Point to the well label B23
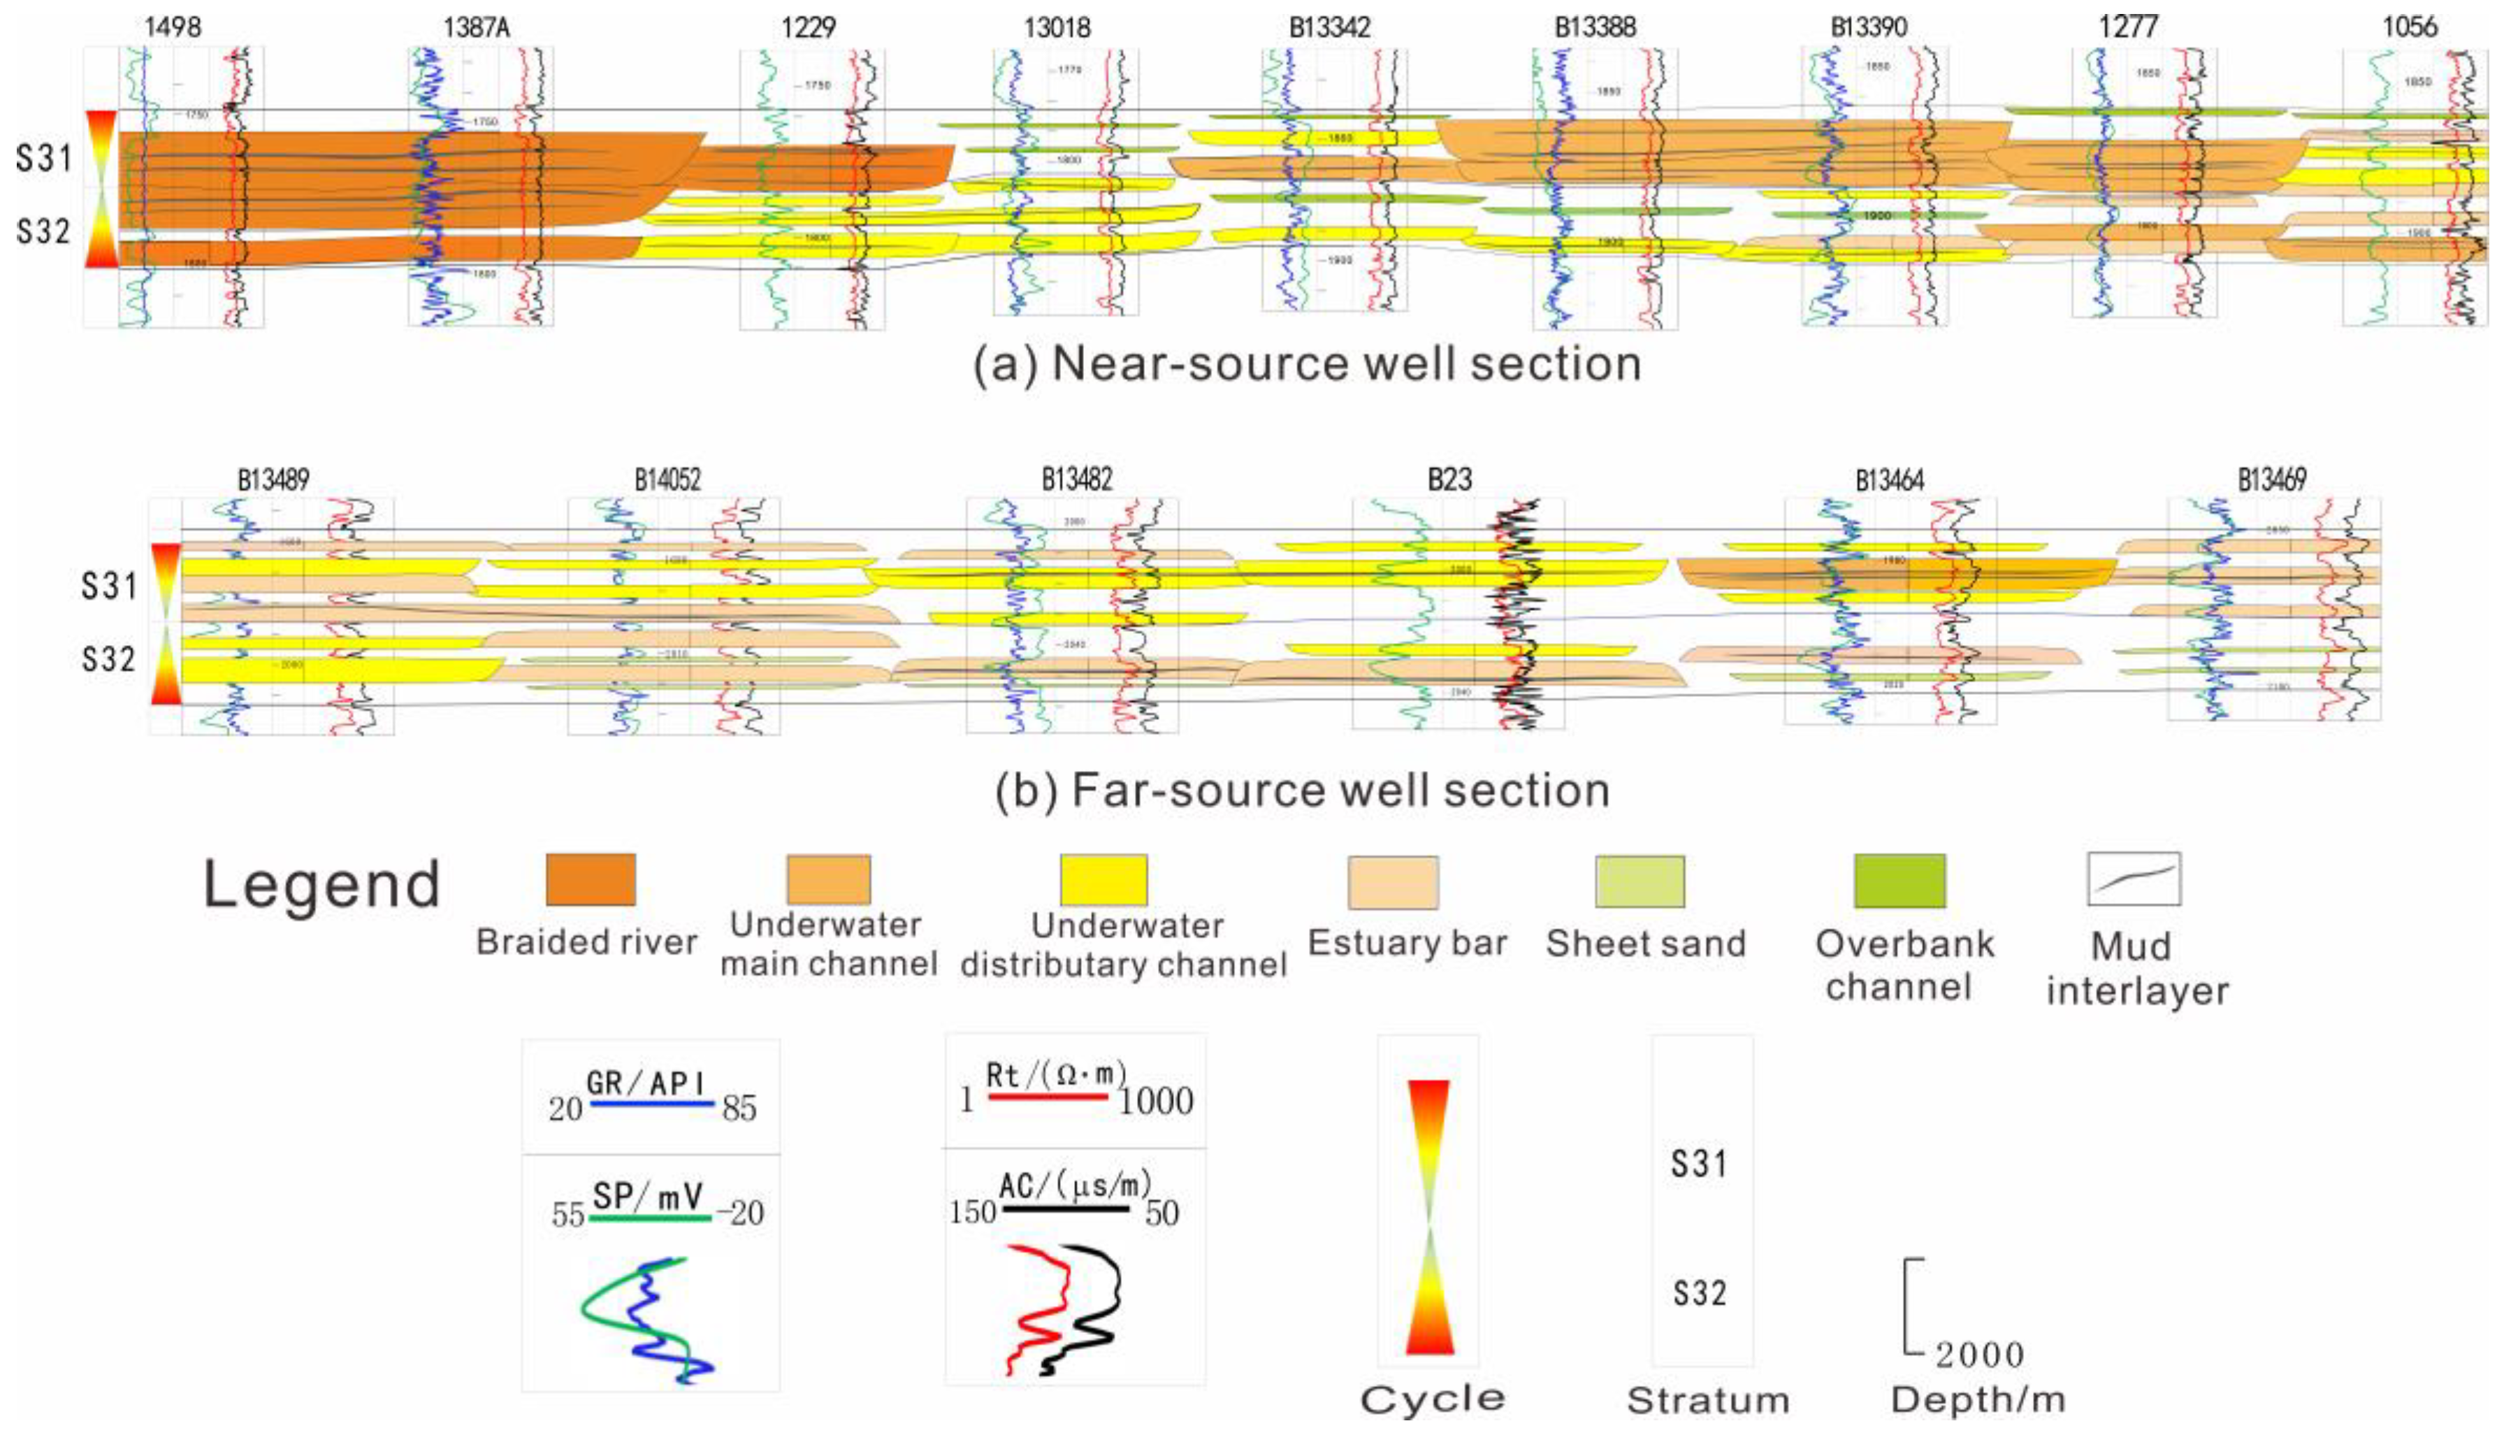pyautogui.click(x=1449, y=480)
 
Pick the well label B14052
pyautogui.click(x=667, y=480)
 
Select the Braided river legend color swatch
pyautogui.click(x=591, y=879)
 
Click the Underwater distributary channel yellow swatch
pyautogui.click(x=1104, y=879)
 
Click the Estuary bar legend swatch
pyautogui.click(x=1393, y=882)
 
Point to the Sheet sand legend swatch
pyautogui.click(x=1640, y=881)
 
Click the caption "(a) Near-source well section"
pyautogui.click(x=1307, y=364)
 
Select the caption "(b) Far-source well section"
pyautogui.click(x=1302, y=791)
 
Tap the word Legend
pyautogui.click(x=321, y=884)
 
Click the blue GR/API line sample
pyautogui.click(x=651, y=1102)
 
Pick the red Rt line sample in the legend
pyautogui.click(x=1048, y=1097)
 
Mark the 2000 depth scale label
pyautogui.click(x=1979, y=1354)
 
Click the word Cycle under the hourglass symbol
pyautogui.click(x=1432, y=1399)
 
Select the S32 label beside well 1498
pyautogui.click(x=43, y=232)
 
